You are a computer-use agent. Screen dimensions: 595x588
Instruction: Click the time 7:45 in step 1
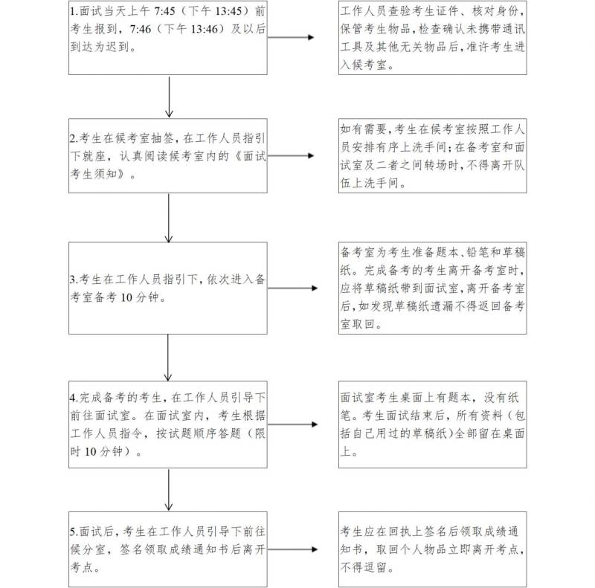pos(164,11)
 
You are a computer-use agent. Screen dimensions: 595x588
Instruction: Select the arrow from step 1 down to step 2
pos(170,97)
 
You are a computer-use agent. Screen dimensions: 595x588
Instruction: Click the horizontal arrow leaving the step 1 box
pos(291,37)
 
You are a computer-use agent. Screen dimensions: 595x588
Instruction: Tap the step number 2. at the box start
pos(74,138)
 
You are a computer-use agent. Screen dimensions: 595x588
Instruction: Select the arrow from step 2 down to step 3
pos(169,218)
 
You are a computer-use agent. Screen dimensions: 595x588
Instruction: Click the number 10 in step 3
pos(126,297)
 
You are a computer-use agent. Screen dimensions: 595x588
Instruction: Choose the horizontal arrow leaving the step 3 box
pos(292,288)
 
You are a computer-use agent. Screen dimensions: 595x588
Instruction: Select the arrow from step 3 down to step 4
pos(168,358)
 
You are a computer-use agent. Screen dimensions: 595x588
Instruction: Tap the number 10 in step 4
pos(90,451)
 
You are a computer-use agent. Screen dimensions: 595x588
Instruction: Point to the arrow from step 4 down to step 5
pos(169,490)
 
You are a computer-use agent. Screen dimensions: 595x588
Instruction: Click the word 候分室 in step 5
pos(88,549)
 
